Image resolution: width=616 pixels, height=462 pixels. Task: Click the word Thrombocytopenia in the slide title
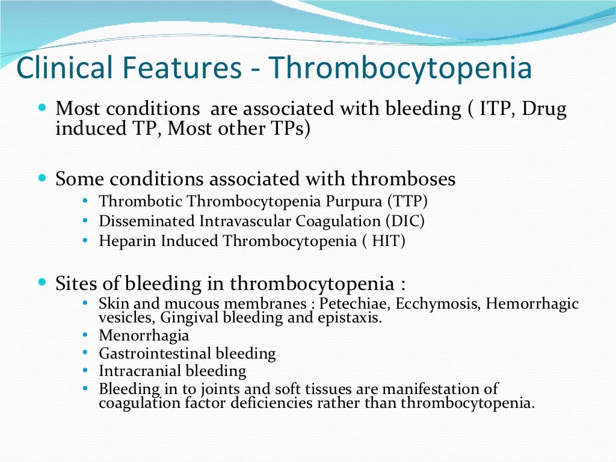click(401, 69)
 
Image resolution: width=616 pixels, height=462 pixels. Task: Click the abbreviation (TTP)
click(408, 202)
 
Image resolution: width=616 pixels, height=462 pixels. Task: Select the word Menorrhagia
click(144, 335)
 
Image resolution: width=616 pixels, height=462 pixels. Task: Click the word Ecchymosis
click(437, 304)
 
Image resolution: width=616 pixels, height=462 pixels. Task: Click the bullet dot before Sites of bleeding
click(42, 282)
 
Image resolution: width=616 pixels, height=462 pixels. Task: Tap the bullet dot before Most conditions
click(42, 109)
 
